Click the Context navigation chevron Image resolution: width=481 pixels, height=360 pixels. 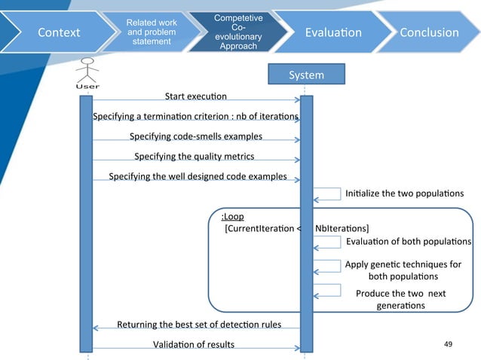pyautogui.click(x=58, y=32)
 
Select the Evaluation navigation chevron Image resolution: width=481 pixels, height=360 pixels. pyautogui.click(x=332, y=32)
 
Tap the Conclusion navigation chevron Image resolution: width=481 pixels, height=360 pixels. pyautogui.click(x=429, y=32)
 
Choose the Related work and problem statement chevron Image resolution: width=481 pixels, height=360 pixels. pyautogui.click(x=152, y=32)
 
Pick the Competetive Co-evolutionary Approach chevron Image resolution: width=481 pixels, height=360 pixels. pyautogui.click(x=238, y=32)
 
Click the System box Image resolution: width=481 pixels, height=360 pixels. pyautogui.click(x=306, y=74)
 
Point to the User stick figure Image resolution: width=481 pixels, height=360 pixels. pyautogui.click(x=87, y=73)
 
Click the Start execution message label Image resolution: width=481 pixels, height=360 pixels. pyautogui.click(x=196, y=96)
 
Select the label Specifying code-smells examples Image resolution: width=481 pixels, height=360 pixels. pyautogui.click(x=196, y=136)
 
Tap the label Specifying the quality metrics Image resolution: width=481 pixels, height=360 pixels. pyautogui.click(x=195, y=156)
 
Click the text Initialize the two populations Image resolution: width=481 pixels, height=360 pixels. pyautogui.click(x=404, y=194)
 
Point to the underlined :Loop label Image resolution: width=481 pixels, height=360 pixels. pyautogui.click(x=232, y=216)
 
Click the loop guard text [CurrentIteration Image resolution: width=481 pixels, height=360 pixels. pyautogui.click(x=259, y=228)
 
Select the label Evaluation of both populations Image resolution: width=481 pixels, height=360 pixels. pyautogui.click(x=409, y=242)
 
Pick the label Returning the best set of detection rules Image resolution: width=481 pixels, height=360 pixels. pyautogui.click(x=199, y=325)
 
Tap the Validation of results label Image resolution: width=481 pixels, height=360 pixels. pyautogui.click(x=194, y=345)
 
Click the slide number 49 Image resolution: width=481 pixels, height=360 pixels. pyautogui.click(x=448, y=344)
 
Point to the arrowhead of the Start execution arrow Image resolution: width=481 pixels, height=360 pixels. pyautogui.click(x=297, y=100)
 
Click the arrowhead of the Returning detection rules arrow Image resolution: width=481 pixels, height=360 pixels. pyautogui.click(x=96, y=328)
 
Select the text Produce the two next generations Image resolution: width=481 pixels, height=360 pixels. pyautogui.click(x=400, y=299)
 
